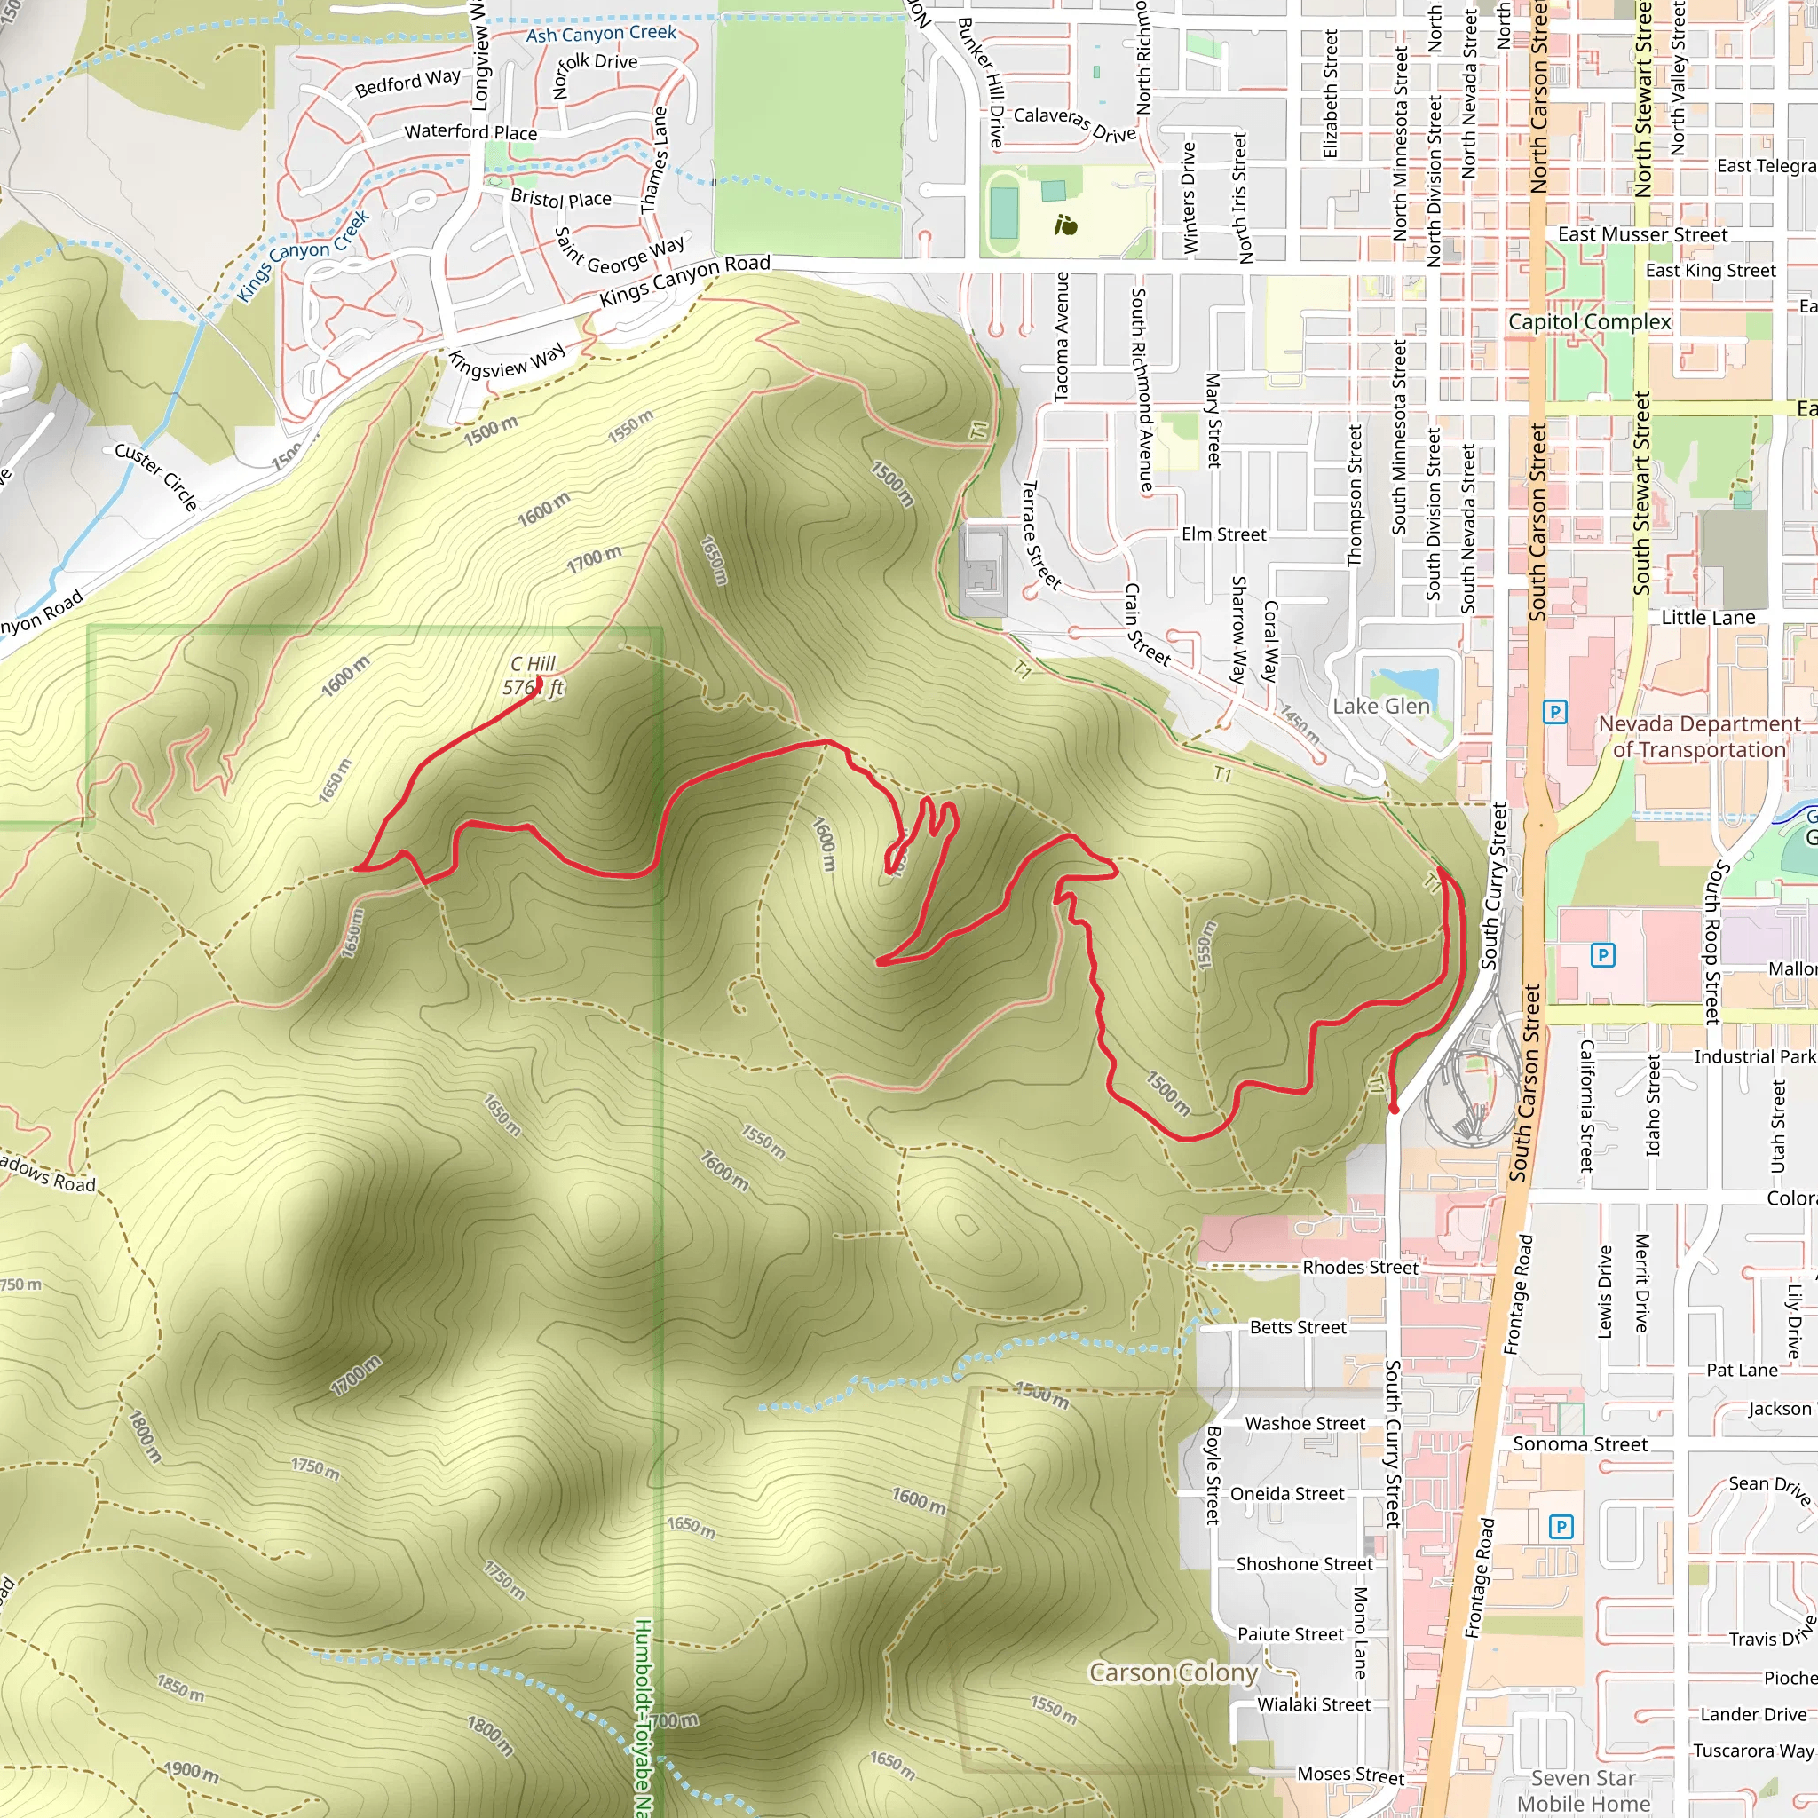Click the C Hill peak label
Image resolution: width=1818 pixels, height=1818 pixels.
coord(534,676)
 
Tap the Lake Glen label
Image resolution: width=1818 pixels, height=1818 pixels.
coord(1380,707)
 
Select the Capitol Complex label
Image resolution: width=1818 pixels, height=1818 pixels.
coord(1589,322)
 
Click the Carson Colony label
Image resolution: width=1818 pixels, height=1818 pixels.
coord(1173,1672)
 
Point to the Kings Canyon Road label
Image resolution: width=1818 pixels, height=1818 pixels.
coord(685,280)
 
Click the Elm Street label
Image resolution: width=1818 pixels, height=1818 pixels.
coord(1223,534)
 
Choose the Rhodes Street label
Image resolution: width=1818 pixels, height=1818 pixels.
coord(1360,1268)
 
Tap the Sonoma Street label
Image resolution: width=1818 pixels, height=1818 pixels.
coord(1580,1444)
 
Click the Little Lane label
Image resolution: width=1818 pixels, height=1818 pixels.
coord(1708,617)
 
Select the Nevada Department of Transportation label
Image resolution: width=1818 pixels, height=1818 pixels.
coord(1699,737)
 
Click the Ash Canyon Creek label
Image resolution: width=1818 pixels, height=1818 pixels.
coord(600,34)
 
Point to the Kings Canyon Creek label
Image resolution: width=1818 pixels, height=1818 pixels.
coord(303,256)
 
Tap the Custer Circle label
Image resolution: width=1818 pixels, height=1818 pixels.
coord(156,477)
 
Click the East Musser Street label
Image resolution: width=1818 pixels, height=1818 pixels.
coord(1642,234)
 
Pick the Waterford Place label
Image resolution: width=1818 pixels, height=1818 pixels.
coord(470,131)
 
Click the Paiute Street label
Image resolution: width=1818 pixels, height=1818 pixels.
coord(1290,1634)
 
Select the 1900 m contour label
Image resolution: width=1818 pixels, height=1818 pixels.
coord(192,1771)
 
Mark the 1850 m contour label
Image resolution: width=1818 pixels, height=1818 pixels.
coord(179,1688)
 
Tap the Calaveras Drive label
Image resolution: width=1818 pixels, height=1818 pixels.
coord(1075,124)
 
